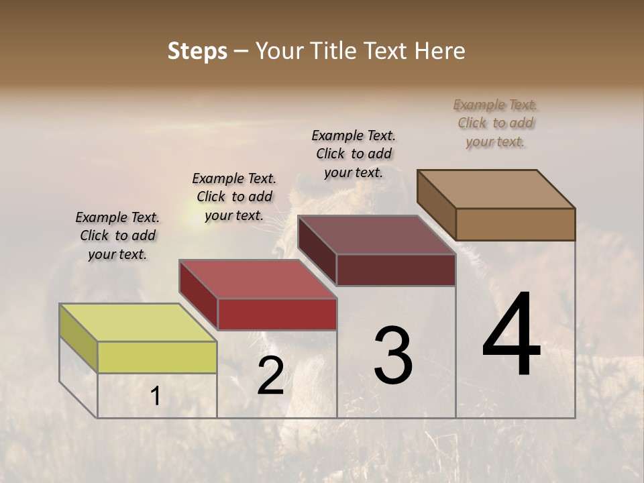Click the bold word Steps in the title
(x=197, y=51)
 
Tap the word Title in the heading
(x=337, y=51)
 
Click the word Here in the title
(x=439, y=51)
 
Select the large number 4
(x=511, y=335)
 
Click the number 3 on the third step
(x=392, y=355)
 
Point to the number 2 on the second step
(x=270, y=376)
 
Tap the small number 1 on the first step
(x=156, y=396)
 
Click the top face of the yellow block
(x=138, y=323)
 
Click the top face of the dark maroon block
(x=376, y=235)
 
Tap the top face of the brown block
(x=496, y=189)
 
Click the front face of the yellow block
(x=157, y=357)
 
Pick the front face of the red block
(x=277, y=314)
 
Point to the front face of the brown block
(x=515, y=224)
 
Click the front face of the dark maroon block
(x=396, y=270)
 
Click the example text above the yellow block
(x=117, y=235)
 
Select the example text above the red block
(x=234, y=197)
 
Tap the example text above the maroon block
(x=354, y=154)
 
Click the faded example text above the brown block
(x=496, y=123)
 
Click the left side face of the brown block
(x=436, y=205)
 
